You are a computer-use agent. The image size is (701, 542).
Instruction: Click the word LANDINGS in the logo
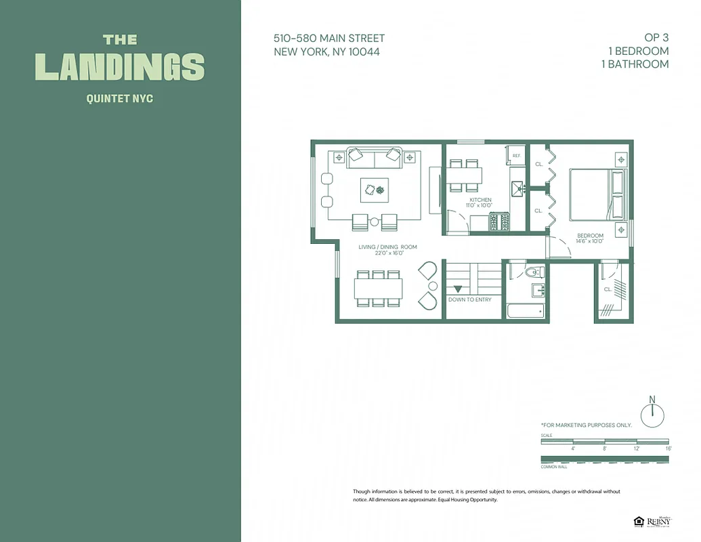coord(120,67)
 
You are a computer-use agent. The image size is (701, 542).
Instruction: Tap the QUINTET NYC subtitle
coord(120,99)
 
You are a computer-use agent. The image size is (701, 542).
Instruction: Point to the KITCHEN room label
coord(480,200)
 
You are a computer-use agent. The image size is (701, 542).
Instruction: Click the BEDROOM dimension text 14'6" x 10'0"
coord(589,241)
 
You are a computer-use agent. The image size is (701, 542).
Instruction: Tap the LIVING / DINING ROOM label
coord(387,247)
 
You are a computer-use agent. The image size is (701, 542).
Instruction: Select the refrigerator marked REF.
coord(516,156)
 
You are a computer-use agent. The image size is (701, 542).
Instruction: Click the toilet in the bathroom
coord(534,272)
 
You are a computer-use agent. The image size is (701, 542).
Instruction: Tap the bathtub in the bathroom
coord(526,311)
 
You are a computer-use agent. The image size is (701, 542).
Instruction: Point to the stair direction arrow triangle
coord(458,289)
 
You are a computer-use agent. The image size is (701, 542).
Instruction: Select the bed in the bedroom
coord(597,194)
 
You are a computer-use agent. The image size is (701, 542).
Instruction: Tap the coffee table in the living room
coord(375,190)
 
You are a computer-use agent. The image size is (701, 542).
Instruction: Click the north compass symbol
coord(652,414)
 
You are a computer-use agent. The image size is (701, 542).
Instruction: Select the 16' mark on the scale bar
coord(668,449)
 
